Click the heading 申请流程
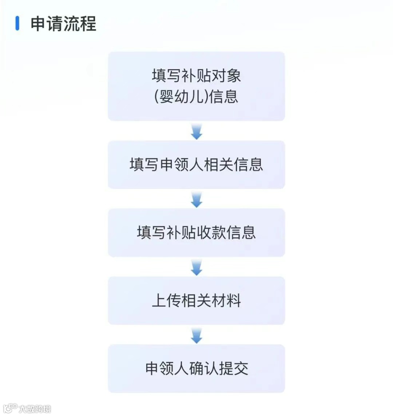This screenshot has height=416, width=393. pos(63,24)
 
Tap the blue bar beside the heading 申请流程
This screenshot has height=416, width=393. pos(17,23)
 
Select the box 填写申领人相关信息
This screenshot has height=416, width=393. pos(196,165)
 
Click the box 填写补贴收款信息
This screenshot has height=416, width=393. pos(196,233)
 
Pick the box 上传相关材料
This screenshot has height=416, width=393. pos(196,301)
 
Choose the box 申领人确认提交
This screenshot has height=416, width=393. pos(196,368)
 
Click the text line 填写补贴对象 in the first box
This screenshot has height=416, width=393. pos(196,76)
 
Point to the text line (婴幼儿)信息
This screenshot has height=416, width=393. pos(196,96)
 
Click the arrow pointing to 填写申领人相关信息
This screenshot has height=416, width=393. pos(196,131)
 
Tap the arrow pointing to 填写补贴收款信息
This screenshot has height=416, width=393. pos(196,199)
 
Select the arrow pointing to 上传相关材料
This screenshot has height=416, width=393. pos(196,268)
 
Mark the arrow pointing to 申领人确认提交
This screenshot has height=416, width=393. pos(196,335)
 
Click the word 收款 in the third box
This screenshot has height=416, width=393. pos(211,233)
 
